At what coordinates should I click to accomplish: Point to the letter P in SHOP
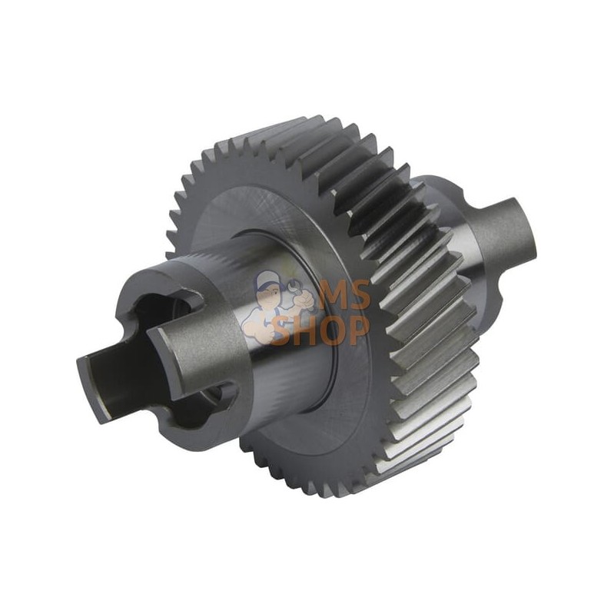point(358,331)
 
